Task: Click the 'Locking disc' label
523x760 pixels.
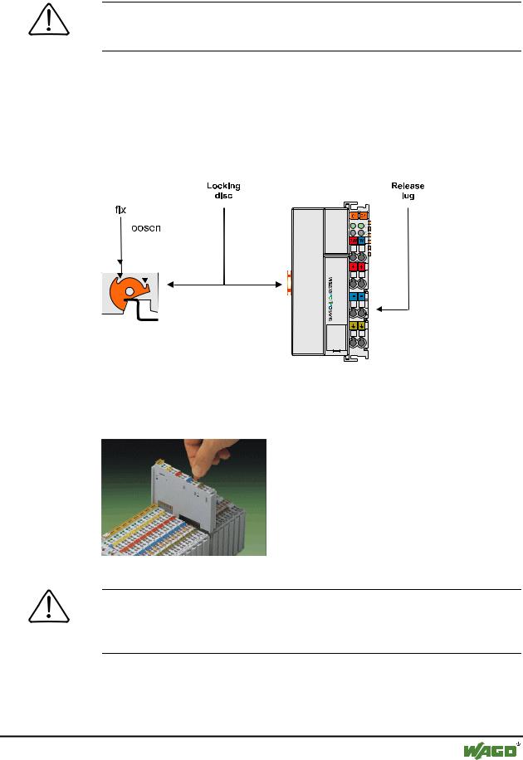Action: click(x=223, y=191)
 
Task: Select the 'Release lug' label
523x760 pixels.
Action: click(x=408, y=191)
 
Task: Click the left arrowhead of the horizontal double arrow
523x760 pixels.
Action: click(x=169, y=285)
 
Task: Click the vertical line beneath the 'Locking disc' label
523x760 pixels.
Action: click(x=223, y=241)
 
